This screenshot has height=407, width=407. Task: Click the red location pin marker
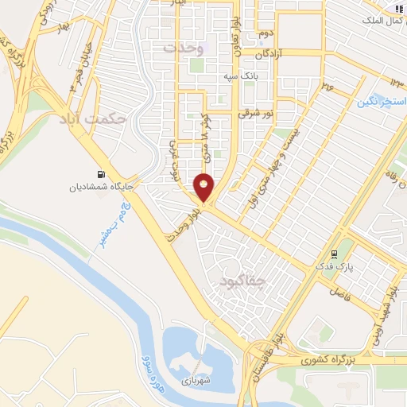[204, 188]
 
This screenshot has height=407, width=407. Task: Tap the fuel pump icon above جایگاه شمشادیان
[100, 175]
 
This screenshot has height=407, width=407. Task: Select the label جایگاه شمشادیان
[100, 188]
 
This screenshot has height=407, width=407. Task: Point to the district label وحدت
[184, 48]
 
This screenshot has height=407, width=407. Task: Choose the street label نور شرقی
[258, 114]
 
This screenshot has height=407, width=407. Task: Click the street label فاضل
[340, 304]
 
